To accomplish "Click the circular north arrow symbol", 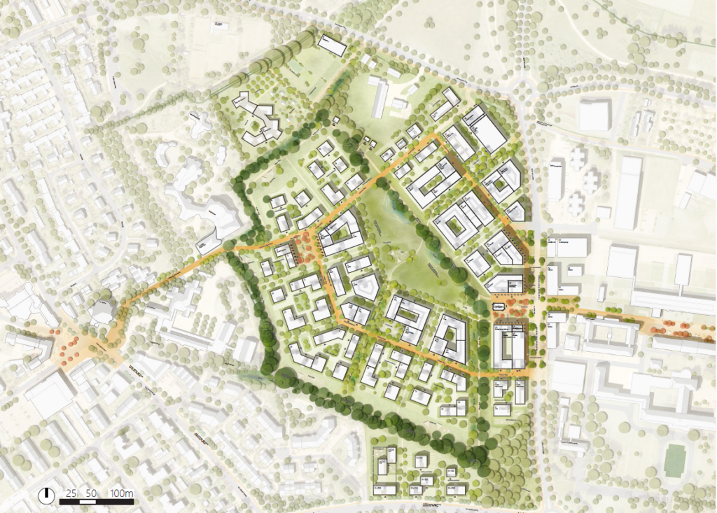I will coord(47,494).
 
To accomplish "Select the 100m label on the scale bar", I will coord(122,493).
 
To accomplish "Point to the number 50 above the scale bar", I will coord(91,493).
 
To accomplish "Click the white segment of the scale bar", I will coord(91,501).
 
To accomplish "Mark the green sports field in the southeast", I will coord(674,461).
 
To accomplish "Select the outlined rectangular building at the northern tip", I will coord(332,45).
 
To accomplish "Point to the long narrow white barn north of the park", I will coord(379,98).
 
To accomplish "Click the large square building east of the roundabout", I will coord(594,115).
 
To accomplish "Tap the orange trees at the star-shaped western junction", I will coord(70,344).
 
